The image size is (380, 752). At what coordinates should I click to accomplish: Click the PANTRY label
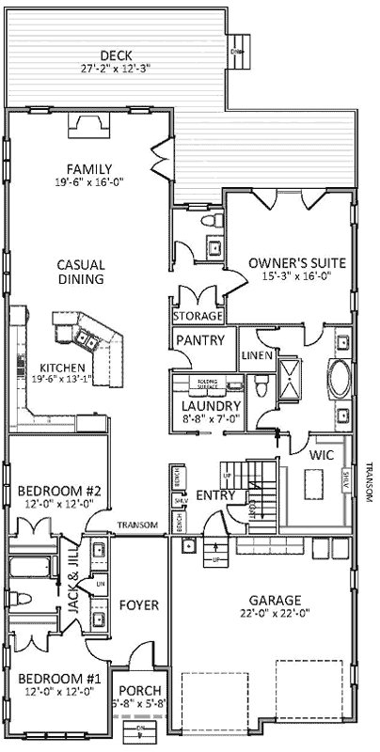pyautogui.click(x=201, y=341)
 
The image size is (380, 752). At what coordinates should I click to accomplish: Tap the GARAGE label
pyautogui.click(x=275, y=600)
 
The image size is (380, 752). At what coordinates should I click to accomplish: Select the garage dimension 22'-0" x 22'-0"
pyautogui.click(x=275, y=614)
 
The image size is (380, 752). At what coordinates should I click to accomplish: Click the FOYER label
pyautogui.click(x=139, y=604)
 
